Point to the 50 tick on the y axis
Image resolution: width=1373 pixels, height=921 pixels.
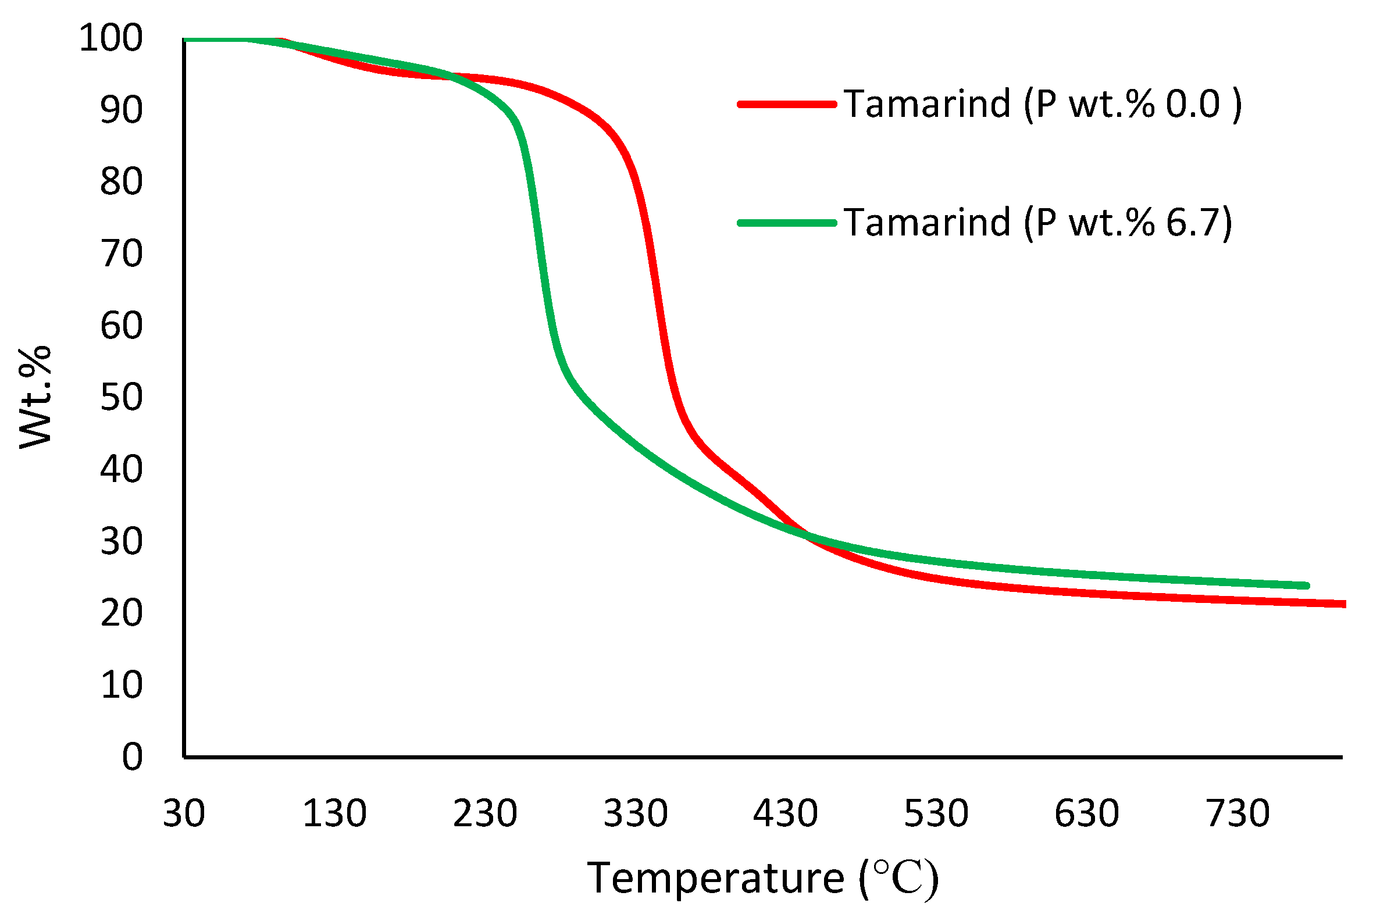pyautogui.click(x=121, y=398)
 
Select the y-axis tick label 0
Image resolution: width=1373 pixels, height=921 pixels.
pyautogui.click(x=132, y=757)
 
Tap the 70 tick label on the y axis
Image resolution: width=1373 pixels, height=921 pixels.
pyautogui.click(x=121, y=254)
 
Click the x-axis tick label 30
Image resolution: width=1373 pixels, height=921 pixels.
pyautogui.click(x=183, y=814)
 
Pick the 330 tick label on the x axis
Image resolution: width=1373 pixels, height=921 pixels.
pyautogui.click(x=636, y=814)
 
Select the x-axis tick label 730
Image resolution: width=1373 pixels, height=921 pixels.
pyautogui.click(x=1238, y=814)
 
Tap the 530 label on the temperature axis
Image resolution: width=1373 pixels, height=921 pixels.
pyautogui.click(x=936, y=814)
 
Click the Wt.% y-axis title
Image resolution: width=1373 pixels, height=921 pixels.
pyautogui.click(x=35, y=398)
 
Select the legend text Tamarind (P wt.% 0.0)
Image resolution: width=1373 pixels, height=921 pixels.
pyautogui.click(x=1043, y=105)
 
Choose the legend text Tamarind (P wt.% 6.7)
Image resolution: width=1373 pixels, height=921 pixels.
pyautogui.click(x=1038, y=223)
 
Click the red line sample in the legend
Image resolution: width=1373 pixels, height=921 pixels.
pyautogui.click(x=787, y=105)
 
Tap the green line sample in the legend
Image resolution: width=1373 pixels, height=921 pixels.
pyautogui.click(x=787, y=223)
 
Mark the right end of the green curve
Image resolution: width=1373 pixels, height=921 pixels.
pyautogui.click(x=1307, y=586)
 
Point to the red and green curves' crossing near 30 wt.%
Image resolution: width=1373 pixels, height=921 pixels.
pyautogui.click(x=806, y=534)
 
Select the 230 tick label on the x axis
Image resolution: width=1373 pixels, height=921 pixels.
pyautogui.click(x=484, y=814)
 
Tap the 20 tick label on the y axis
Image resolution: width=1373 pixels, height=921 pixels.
pyautogui.click(x=121, y=613)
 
